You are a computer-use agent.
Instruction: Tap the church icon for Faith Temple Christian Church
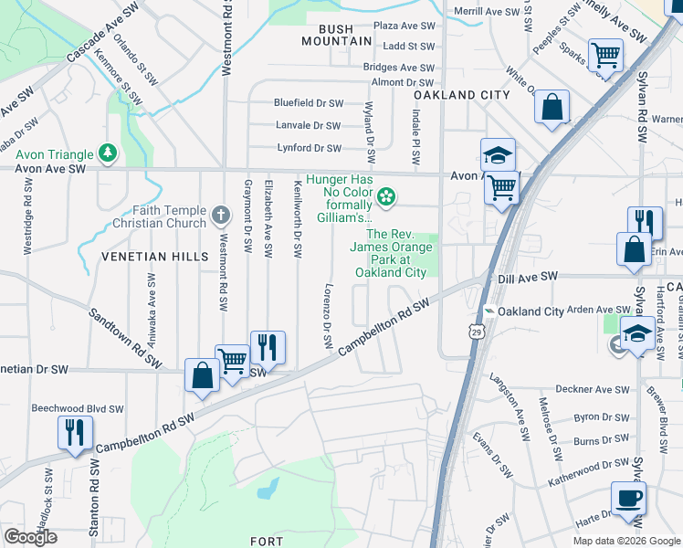point(220,216)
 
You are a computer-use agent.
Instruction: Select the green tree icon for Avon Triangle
point(109,152)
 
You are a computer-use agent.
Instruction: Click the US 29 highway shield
point(475,332)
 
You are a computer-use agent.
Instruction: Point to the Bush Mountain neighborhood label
point(338,35)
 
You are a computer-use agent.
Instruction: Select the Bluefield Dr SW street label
point(309,104)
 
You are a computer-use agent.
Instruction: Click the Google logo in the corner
point(30,537)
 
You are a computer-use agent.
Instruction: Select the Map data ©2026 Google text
point(625,541)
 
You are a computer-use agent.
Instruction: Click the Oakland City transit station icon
point(491,311)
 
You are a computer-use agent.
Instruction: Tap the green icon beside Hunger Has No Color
point(386,195)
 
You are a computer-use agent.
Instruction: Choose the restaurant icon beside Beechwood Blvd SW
point(74,432)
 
